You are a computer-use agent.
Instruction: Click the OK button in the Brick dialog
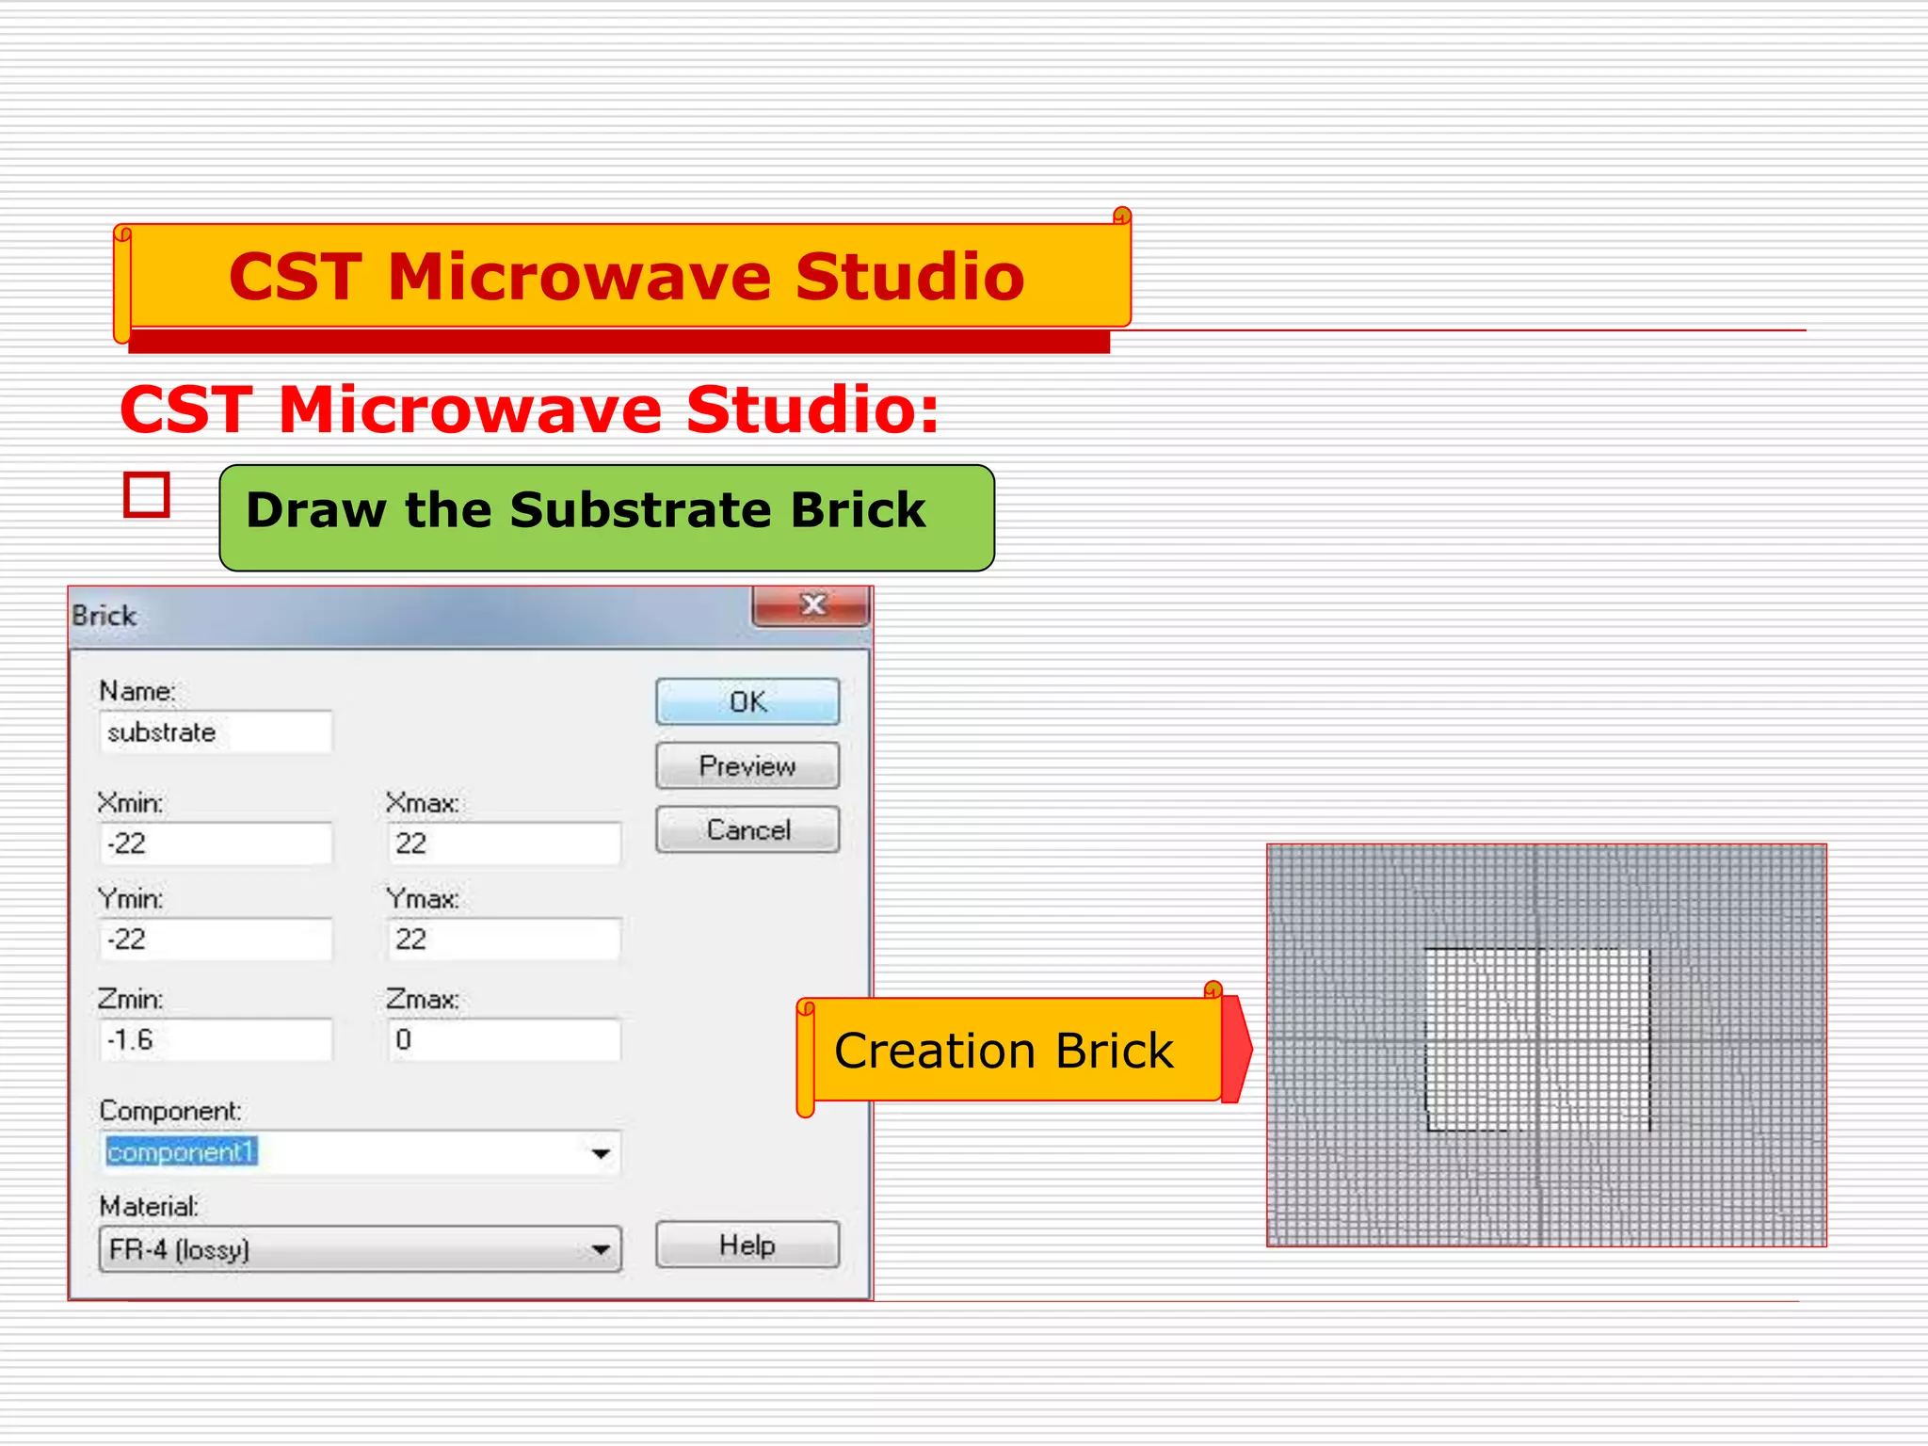747,701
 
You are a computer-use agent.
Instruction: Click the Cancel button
747,829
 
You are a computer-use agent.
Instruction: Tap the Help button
747,1245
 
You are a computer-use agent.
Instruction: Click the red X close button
811,605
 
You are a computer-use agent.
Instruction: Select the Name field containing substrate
216,731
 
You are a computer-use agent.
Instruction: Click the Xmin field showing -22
216,843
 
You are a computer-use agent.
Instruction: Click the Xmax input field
504,843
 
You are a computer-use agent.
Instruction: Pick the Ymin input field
216,940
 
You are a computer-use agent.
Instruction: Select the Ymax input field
504,940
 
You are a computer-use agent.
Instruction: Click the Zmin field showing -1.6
216,1039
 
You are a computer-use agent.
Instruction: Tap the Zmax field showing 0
504,1039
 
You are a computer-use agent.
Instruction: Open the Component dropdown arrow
601,1153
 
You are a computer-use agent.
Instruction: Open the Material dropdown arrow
601,1250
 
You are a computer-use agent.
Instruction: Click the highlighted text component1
181,1152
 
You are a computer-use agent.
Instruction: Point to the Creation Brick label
1004,1051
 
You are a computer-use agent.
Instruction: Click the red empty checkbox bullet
147,495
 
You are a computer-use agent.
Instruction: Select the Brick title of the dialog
104,616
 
